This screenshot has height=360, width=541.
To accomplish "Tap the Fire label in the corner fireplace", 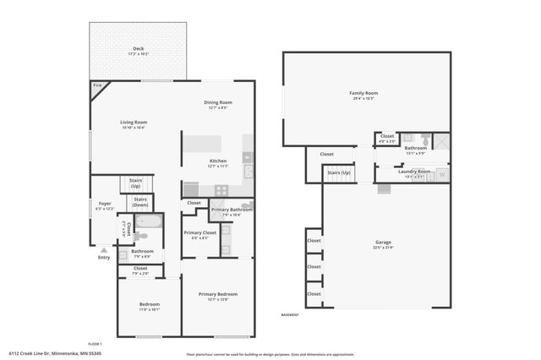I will pos(96,85).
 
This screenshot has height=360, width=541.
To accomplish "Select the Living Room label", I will pos(134,122).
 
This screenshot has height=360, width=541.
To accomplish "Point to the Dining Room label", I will pos(218,102).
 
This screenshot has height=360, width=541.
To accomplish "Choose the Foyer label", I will pos(105,203).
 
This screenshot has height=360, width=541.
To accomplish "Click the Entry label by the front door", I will pos(104,258).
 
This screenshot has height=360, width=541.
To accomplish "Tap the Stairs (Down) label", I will pos(140,202).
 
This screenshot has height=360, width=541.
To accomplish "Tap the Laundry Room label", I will pos(415,172).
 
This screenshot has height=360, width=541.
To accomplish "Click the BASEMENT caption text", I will pos(290,315).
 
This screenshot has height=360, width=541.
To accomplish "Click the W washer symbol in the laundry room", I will pos(442,175).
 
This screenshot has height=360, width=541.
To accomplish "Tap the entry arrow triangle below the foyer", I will pos(104,250).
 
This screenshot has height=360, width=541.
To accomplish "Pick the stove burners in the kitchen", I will pos(221,189).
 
